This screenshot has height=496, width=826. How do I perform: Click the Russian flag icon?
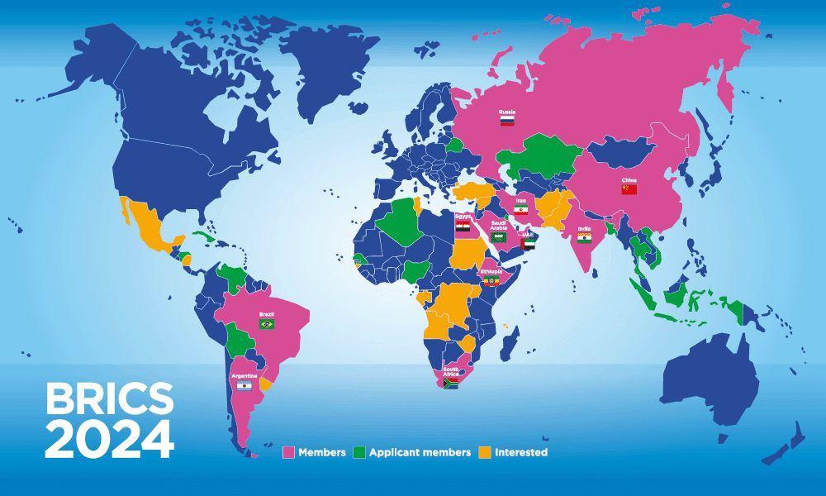[x=507, y=121]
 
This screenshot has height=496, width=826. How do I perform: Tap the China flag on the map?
[x=629, y=189]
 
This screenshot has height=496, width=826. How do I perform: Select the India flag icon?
[x=585, y=238]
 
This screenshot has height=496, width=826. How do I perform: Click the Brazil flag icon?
[x=267, y=324]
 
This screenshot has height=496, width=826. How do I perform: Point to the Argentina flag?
[x=244, y=386]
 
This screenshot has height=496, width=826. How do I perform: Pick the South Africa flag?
[x=450, y=384]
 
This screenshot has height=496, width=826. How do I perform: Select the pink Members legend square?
[x=289, y=452]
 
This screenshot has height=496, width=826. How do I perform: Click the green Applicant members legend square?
[x=358, y=452]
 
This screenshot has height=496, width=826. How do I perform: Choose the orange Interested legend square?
[x=485, y=452]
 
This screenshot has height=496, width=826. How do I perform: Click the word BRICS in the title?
[x=109, y=399]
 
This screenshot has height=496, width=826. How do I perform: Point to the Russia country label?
[x=507, y=111]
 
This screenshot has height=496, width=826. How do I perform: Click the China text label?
[x=629, y=179]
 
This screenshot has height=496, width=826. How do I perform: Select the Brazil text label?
[x=267, y=314]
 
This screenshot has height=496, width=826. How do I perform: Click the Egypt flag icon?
[x=463, y=226]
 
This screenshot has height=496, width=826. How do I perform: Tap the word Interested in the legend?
[x=521, y=452]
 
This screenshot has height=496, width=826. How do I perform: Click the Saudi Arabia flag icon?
[x=498, y=237]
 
